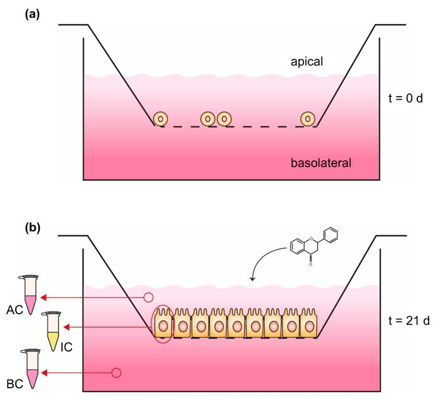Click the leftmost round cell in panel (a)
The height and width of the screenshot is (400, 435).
(161, 119)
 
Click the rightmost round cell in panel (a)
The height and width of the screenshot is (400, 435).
(308, 119)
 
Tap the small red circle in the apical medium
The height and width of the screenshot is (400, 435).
(149, 296)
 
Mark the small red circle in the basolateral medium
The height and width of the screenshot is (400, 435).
(116, 373)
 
